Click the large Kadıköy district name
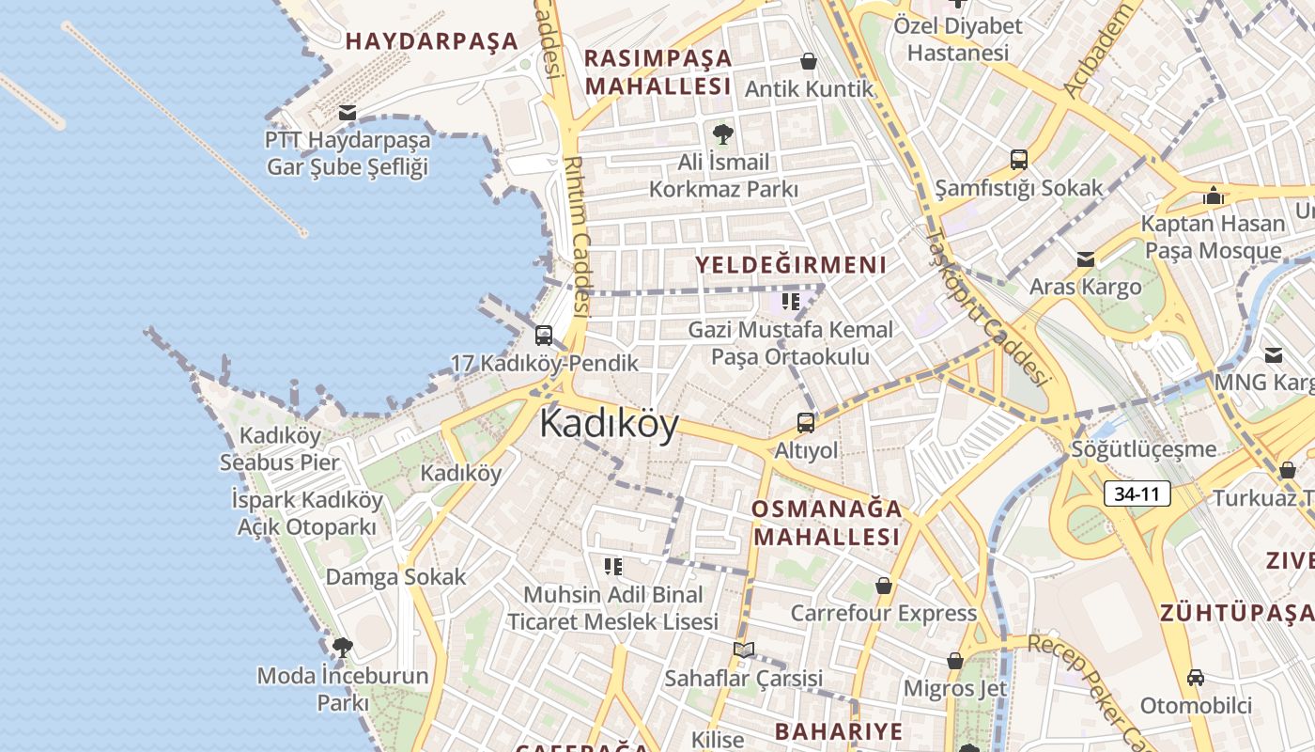coord(609,424)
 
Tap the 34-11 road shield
coord(1137,493)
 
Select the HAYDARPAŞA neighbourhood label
coord(431,40)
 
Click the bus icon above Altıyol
coord(806,423)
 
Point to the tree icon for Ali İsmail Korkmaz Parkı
coord(722,133)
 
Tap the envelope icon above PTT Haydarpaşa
coord(348,113)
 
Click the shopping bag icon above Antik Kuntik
coord(808,62)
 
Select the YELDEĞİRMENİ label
coord(791,264)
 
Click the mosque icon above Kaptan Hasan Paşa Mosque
coord(1213,196)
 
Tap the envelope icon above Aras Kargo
coord(1086,259)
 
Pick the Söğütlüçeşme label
coord(1143,449)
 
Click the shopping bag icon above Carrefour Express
coord(883,586)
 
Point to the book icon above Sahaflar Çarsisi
coord(744,650)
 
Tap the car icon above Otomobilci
coord(1195,677)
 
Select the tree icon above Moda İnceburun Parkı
coord(343,647)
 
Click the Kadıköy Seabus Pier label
coord(280,448)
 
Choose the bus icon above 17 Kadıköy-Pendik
coord(543,336)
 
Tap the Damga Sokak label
coord(395,576)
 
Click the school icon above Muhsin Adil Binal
coord(612,566)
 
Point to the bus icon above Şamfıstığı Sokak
coord(1018,160)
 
